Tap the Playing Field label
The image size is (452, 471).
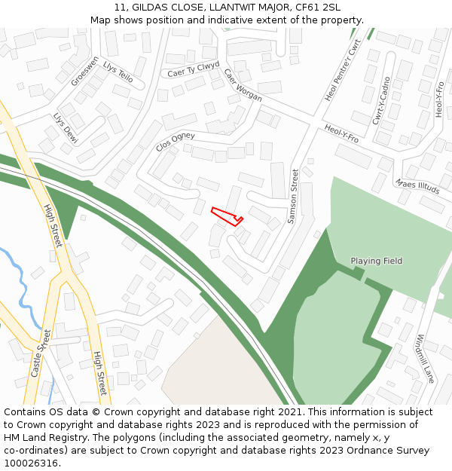(x=376, y=261)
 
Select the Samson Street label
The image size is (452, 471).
(x=294, y=197)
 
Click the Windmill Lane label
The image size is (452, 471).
(x=425, y=359)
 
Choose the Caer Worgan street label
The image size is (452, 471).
(x=243, y=85)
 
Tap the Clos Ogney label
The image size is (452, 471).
(x=175, y=141)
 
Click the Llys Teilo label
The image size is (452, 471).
(x=118, y=72)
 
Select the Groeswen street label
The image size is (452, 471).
(x=84, y=70)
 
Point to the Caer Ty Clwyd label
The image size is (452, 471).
(x=193, y=69)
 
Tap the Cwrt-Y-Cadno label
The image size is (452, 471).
(x=381, y=100)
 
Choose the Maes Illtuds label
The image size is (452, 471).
(x=417, y=186)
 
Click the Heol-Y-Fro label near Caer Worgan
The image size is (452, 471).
(x=341, y=133)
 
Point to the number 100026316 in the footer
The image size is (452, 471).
(x=30, y=463)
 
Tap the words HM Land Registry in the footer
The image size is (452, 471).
(x=39, y=438)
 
